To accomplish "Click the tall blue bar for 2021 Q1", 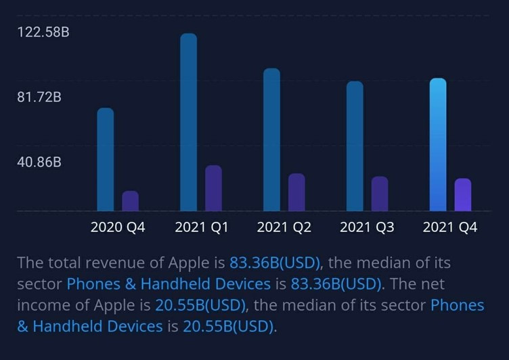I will click(188, 122).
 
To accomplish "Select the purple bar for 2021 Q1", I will click(213, 188).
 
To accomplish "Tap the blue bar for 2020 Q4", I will click(106, 160).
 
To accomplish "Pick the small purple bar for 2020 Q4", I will click(130, 201).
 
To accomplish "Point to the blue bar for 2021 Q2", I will click(271, 139).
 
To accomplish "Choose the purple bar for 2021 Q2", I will click(296, 192).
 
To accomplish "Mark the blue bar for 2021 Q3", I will click(355, 146).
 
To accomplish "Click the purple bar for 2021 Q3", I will click(380, 194).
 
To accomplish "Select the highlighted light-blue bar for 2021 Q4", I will click(438, 145).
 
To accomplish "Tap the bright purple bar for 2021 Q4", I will click(463, 195).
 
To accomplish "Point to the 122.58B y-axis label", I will click(43, 32).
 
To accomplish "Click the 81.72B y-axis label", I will click(39, 97).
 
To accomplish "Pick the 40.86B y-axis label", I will click(39, 162).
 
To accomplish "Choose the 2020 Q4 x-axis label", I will click(118, 227).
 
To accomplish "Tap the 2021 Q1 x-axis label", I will click(202, 227).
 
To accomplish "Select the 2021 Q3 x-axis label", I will click(367, 227).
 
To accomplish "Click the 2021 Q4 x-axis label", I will click(450, 227).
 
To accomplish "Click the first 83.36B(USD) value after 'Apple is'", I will click(275, 263).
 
